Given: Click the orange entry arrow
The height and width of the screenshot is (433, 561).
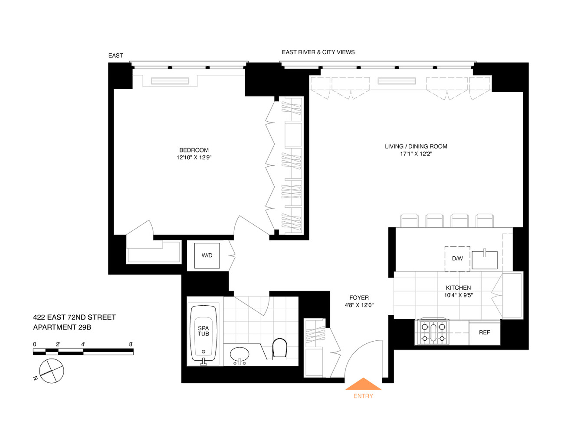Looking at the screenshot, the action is click(363, 384).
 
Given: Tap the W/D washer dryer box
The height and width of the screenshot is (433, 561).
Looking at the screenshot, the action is click(207, 255).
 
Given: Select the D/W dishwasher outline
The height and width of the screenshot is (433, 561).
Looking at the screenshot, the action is click(457, 259).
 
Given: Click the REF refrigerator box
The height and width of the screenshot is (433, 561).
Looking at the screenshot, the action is click(484, 332).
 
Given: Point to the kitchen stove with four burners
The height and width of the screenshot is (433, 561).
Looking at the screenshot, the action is click(433, 332).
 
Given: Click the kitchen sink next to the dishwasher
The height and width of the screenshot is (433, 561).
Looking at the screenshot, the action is click(485, 260).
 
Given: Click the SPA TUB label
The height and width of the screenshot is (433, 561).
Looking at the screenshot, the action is click(203, 331).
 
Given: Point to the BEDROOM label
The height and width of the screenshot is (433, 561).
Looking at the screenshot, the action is click(194, 150).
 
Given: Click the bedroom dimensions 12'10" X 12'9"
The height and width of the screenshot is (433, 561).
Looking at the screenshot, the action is click(194, 157).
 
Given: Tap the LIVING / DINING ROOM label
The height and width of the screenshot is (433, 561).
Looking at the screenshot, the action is click(416, 146).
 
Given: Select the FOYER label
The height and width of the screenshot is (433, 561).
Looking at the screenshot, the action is click(359, 297).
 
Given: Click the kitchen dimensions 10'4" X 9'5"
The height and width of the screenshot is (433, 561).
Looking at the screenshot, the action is click(458, 295).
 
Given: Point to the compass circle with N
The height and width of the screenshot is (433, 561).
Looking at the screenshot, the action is click(51, 371).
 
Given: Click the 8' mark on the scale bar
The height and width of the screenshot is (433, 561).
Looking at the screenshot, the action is click(131, 344).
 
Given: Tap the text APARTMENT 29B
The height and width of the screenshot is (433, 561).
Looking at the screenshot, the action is click(62, 327).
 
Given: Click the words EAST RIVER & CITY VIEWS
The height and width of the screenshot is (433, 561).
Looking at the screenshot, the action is click(318, 52).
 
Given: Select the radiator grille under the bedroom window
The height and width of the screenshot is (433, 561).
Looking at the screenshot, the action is click(170, 81).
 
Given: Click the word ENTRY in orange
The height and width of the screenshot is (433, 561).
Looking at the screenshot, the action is click(363, 396).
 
